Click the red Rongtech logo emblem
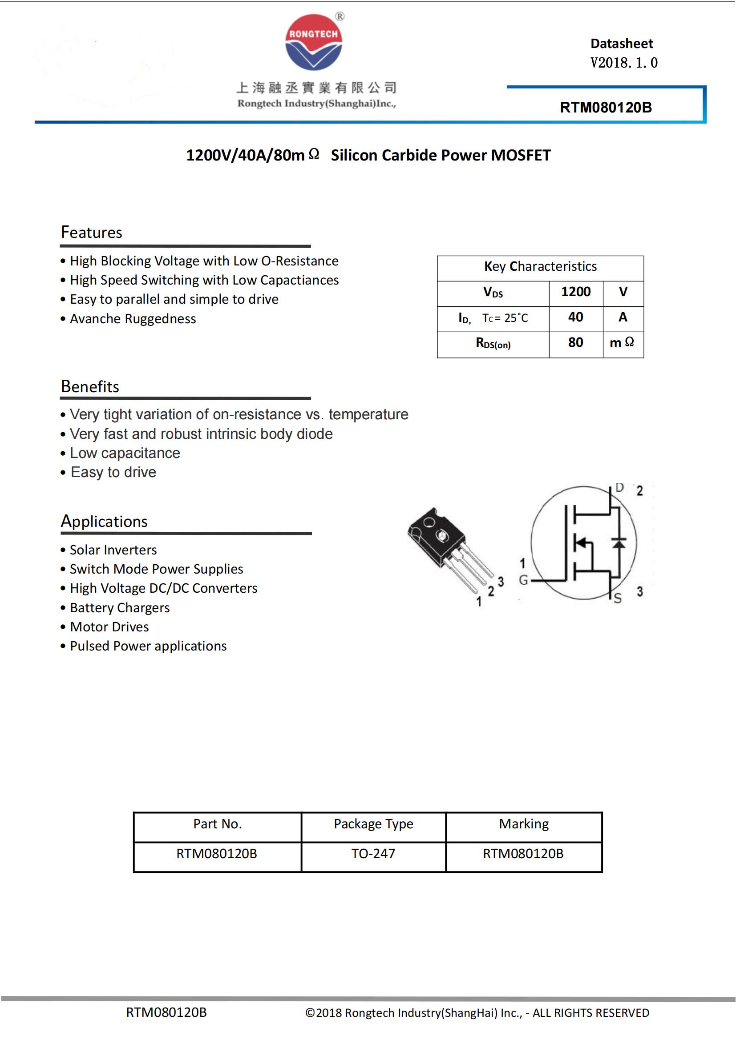[x=313, y=42]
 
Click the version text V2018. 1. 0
[x=623, y=63]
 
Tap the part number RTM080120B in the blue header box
[x=606, y=107]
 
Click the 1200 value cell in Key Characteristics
[x=575, y=292]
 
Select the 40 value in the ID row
[x=575, y=317]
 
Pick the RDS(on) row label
[x=493, y=343]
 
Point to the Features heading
[x=92, y=233]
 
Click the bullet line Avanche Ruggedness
[x=133, y=319]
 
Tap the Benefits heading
[x=90, y=386]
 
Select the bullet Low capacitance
[x=125, y=453]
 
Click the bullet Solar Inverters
[x=113, y=550]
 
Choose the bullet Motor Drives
[x=109, y=627]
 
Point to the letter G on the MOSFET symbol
[x=523, y=580]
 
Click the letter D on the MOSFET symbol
[x=619, y=487]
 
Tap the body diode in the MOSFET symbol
[x=619, y=542]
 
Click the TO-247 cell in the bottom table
[x=373, y=854]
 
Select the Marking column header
[x=524, y=824]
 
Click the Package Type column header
[x=373, y=824]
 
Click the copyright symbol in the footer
[x=310, y=1013]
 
